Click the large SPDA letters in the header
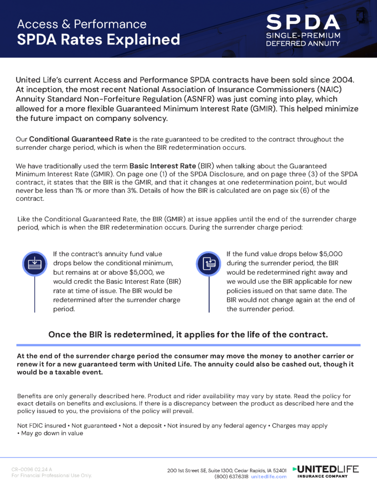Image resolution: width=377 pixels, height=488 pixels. (303, 22)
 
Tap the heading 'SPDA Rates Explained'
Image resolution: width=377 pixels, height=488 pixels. (98, 39)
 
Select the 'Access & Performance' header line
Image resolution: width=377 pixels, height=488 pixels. (82, 23)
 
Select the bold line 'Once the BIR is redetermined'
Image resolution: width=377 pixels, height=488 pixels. (188, 335)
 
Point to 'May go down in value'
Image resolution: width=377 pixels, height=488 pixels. (52, 433)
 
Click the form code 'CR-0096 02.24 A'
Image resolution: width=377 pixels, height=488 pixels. (32, 469)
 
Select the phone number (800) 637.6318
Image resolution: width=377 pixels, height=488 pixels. (231, 476)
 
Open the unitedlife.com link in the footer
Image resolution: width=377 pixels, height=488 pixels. (269, 476)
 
